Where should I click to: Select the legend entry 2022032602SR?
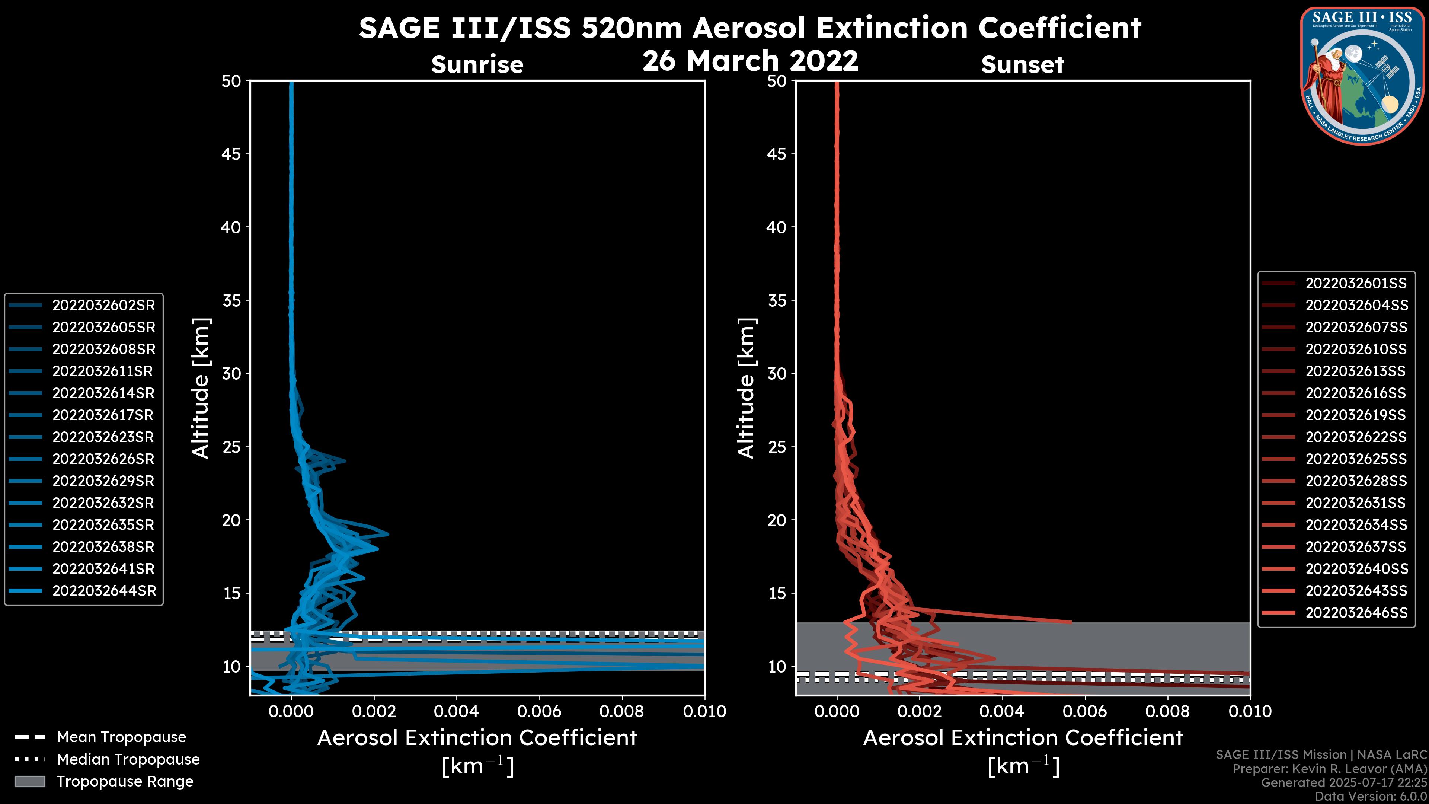click(103, 305)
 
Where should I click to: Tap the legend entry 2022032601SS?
click(1355, 284)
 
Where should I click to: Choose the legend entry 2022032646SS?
click(1356, 613)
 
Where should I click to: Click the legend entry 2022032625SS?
click(1356, 459)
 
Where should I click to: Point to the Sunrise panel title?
click(477, 64)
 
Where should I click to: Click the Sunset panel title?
click(1022, 64)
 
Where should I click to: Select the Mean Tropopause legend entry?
click(121, 737)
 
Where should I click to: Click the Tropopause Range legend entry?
click(125, 781)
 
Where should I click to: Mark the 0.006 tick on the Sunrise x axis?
click(539, 711)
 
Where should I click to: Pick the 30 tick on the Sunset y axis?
click(777, 373)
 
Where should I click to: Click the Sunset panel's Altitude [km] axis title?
click(746, 388)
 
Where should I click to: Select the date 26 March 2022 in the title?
click(750, 60)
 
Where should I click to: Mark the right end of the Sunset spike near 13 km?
click(1071, 622)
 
